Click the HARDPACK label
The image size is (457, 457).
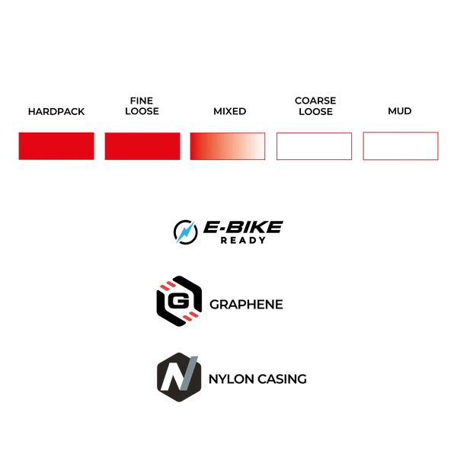pos(56,112)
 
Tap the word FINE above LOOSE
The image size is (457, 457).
pos(142,101)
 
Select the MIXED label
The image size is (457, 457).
pos(230,111)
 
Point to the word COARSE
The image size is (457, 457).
pos(315,101)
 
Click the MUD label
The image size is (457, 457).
pos(400,111)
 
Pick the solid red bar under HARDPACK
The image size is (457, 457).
pos(56,146)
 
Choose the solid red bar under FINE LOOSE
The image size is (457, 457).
pos(142,146)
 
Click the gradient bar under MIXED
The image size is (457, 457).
pos(228,146)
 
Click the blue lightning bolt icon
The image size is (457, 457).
pos(185,232)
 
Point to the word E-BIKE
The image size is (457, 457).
pos(243,227)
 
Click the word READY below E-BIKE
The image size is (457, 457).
pos(243,241)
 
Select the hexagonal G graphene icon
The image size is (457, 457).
pos(179,301)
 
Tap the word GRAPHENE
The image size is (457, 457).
pos(246,305)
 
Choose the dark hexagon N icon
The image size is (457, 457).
pos(179,377)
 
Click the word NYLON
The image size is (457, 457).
pos(232,379)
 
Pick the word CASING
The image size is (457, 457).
pos(282,379)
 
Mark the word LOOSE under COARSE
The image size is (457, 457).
pos(315,112)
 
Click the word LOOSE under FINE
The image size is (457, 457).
pos(142,111)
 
